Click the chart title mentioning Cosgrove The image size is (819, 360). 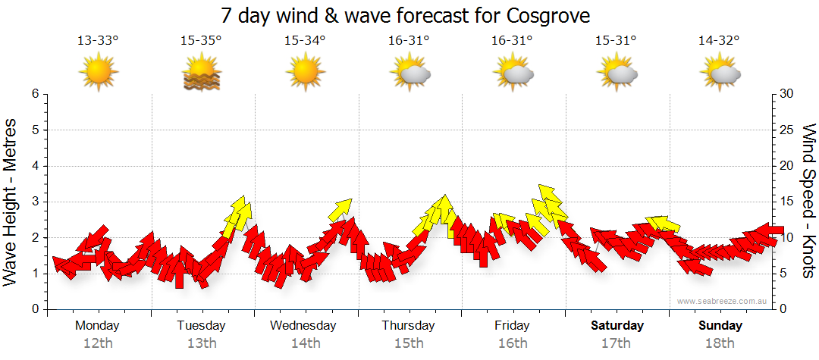coord(405,15)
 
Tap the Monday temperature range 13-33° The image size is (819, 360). coord(98,41)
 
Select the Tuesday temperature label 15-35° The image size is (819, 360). coord(201,41)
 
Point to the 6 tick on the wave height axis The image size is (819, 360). coord(35,94)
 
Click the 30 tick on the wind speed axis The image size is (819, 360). coord(786,94)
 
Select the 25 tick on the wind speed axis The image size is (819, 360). coord(786,130)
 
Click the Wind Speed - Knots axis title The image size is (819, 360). coord(808,201)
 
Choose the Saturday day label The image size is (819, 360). coord(617,326)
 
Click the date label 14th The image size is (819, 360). coord(305,343)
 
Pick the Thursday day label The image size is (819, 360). coord(408,326)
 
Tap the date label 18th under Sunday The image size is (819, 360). coord(720,343)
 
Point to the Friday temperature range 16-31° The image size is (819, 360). coord(512,41)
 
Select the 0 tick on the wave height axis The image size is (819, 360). coord(35,309)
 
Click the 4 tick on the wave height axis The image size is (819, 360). coord(35,166)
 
